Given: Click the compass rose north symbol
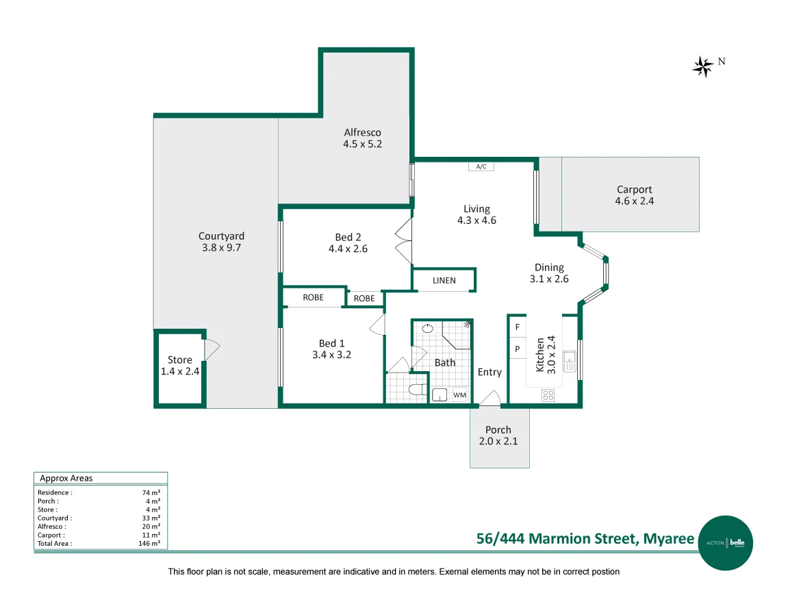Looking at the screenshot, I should coord(703,66).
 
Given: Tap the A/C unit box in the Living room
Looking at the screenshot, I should coord(481,166).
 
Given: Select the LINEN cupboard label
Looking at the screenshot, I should coord(444,281).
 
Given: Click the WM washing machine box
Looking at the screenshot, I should coord(459,394).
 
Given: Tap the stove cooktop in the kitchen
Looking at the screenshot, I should coord(548,394).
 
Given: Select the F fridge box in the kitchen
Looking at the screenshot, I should coord(517,327).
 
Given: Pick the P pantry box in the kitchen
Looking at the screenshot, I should coord(517,349).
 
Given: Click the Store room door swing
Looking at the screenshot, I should coord(213,349).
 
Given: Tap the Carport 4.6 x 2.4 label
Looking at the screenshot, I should coord(634,195).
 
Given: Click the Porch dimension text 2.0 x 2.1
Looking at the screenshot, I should coord(498,441).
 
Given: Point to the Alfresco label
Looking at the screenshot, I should coord(362,132).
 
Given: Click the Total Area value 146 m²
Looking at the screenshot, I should coord(149,543).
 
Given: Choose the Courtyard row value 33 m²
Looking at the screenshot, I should coord(151,518).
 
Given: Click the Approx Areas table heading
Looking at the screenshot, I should coord(66,478).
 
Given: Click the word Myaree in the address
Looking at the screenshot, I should coord(668,538).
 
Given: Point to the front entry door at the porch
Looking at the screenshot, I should coord(490,399).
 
